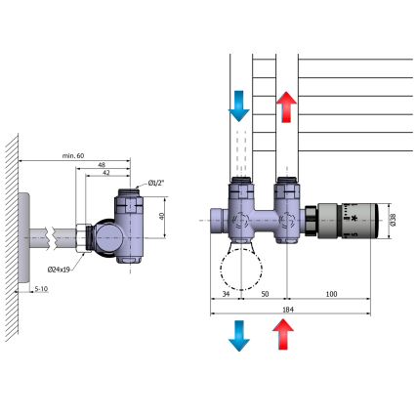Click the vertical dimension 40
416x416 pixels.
tap(163, 216)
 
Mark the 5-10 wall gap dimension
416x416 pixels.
tap(42, 289)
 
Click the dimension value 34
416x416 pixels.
tap(226, 294)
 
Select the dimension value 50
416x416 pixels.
tap(264, 294)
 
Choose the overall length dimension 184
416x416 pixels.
tap(286, 310)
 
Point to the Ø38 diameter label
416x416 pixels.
tap(391, 221)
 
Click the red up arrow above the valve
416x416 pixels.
tap(286, 104)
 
